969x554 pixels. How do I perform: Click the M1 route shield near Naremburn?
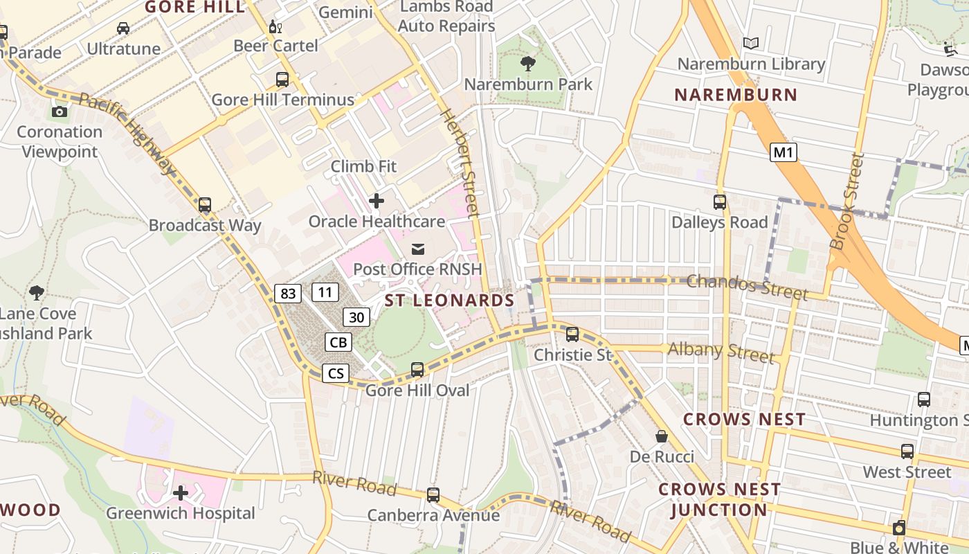tap(783, 152)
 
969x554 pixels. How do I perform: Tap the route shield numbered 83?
tap(288, 294)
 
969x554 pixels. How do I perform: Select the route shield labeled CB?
tap(338, 342)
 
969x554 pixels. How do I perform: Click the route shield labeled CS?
tap(336, 374)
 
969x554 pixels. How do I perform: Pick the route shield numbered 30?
tap(356, 317)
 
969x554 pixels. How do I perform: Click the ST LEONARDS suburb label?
tap(449, 301)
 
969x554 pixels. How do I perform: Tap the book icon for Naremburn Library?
tap(751, 44)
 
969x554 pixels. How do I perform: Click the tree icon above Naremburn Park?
tap(528, 64)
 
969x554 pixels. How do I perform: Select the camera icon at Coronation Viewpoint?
tap(60, 111)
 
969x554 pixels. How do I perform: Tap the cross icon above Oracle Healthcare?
tap(377, 202)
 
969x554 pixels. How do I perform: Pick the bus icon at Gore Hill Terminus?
tap(282, 79)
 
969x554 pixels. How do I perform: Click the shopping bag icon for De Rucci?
tap(662, 436)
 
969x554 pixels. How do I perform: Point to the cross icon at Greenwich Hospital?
tap(181, 493)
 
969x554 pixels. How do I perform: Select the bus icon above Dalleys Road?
tap(720, 202)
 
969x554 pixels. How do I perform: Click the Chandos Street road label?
tap(747, 286)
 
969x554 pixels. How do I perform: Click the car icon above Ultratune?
tap(123, 28)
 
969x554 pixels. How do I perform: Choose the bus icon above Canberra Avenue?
tap(433, 495)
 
